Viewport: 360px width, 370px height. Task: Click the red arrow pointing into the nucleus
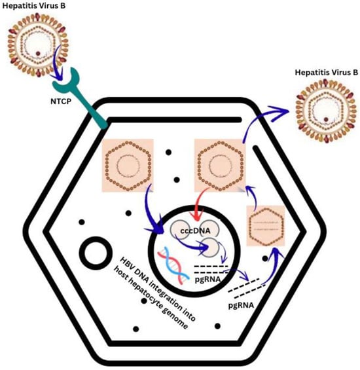(x=196, y=210)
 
